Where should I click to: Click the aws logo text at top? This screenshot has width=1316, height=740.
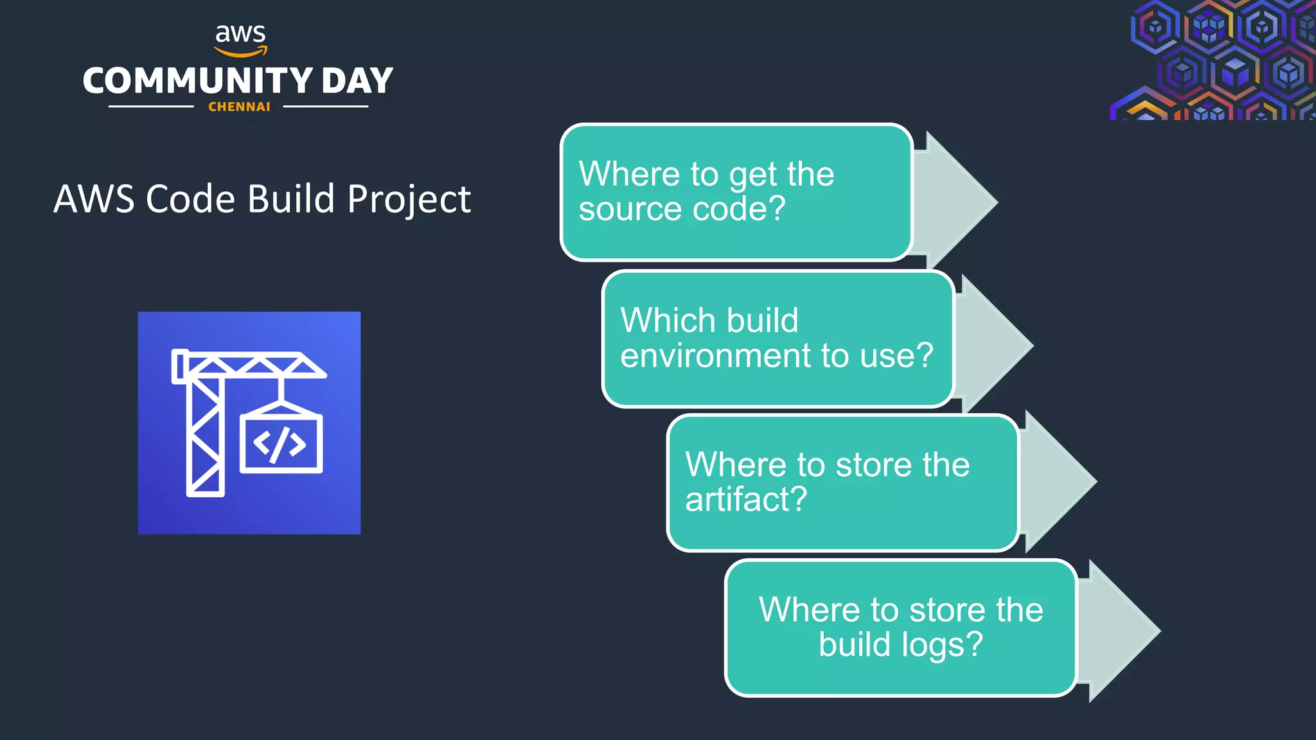(x=240, y=33)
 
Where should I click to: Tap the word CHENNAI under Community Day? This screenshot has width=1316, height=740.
(x=239, y=107)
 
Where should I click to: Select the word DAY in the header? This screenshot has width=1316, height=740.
(x=357, y=82)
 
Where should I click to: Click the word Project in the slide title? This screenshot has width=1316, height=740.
(x=409, y=199)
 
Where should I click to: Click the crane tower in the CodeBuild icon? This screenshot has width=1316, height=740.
(x=205, y=437)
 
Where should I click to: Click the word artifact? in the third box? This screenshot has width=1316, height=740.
(x=745, y=500)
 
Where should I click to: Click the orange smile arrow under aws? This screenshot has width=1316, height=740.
(x=240, y=52)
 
